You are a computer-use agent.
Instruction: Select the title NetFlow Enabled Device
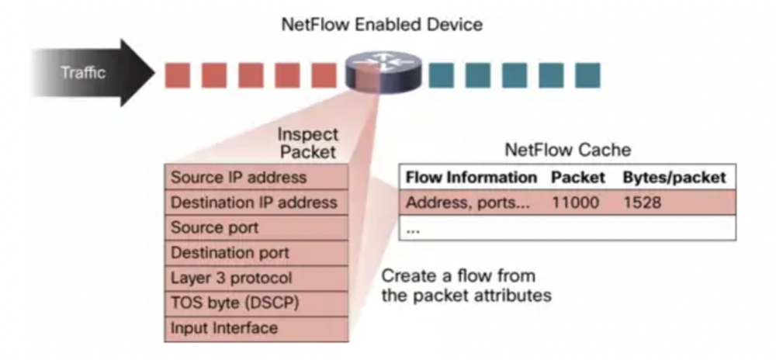click(381, 24)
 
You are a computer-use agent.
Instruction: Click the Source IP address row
click(256, 178)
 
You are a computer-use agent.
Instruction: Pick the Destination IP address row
click(256, 202)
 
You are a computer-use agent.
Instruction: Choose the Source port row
click(256, 228)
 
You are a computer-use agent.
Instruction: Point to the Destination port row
click(256, 253)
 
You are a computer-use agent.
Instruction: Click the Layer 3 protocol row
click(256, 278)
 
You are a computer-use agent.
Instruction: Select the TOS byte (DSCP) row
click(256, 303)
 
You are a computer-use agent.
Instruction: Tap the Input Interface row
click(256, 328)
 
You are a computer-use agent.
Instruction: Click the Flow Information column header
click(472, 178)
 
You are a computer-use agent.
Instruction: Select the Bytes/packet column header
click(674, 178)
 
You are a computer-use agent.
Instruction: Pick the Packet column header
click(578, 178)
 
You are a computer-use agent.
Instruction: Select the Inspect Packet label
click(308, 143)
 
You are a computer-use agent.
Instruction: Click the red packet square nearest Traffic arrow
click(177, 75)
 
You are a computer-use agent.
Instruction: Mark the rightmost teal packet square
click(587, 75)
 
